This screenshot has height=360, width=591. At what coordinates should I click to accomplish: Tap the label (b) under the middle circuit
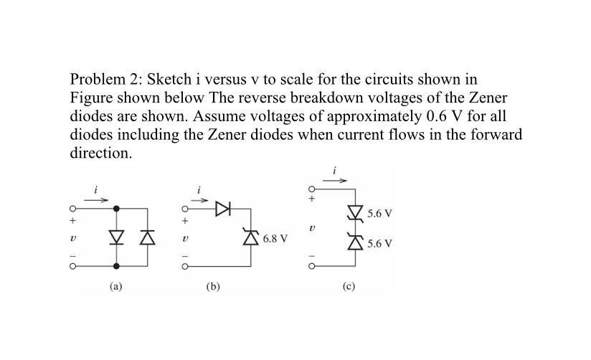pyautogui.click(x=213, y=285)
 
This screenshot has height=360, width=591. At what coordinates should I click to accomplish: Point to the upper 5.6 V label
pyautogui.click(x=379, y=213)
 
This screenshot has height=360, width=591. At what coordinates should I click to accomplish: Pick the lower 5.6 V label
pyautogui.click(x=379, y=243)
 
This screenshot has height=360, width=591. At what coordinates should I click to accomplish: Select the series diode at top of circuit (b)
pyautogui.click(x=222, y=209)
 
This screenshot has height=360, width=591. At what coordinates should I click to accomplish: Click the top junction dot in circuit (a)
pyautogui.click(x=117, y=209)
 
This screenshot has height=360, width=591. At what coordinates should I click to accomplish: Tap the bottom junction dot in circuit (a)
pyautogui.click(x=117, y=266)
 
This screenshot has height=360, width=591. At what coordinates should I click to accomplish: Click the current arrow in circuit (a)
pyautogui.click(x=97, y=200)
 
